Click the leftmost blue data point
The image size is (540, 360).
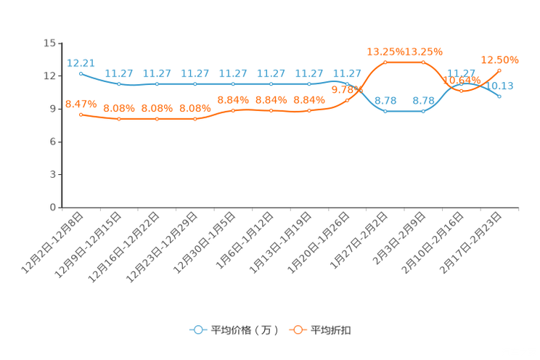(x=81, y=73)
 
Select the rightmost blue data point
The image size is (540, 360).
(x=499, y=96)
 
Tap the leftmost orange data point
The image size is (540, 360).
(x=81, y=115)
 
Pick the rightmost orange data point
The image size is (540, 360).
(x=499, y=70)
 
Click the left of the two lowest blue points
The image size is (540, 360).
(x=385, y=111)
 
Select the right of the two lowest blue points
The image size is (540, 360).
(x=423, y=111)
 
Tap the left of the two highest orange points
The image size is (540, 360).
(x=385, y=62)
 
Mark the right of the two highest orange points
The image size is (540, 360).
(x=423, y=62)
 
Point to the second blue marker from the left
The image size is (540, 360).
(x=119, y=83)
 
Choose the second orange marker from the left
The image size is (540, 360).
(x=119, y=119)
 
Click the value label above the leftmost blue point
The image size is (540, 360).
(x=80, y=62)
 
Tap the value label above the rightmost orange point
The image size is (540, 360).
(x=499, y=59)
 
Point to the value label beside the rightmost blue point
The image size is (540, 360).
(x=504, y=86)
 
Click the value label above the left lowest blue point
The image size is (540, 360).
(x=385, y=100)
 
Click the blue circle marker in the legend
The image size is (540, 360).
(x=198, y=330)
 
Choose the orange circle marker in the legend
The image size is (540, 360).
(x=298, y=330)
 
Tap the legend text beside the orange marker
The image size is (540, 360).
(x=332, y=330)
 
